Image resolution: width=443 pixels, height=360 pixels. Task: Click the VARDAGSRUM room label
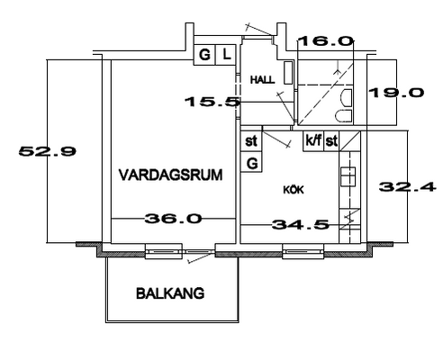point(171,175)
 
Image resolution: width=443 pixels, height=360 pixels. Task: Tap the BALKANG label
point(170,293)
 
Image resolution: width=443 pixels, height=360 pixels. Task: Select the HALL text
point(263,80)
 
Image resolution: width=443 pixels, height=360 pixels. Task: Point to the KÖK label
point(294,190)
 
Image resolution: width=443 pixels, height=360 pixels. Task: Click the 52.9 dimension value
point(48,151)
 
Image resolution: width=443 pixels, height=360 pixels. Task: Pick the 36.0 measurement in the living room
point(173,219)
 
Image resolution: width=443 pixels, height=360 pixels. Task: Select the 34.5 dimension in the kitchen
point(301,224)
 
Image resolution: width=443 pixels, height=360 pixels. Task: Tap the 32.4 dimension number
point(407,187)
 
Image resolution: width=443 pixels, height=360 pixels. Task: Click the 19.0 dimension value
point(396,93)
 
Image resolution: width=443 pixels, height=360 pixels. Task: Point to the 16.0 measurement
point(325,40)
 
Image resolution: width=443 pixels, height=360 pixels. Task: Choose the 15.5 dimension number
point(212,102)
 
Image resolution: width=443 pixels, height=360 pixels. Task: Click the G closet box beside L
point(204,55)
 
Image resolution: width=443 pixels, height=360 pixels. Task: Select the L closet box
point(227,55)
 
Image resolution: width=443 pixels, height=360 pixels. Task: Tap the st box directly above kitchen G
point(251,141)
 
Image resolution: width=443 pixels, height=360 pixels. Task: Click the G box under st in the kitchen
point(251,162)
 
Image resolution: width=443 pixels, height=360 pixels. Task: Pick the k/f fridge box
point(313,140)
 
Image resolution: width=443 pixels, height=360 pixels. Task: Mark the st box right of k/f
point(331,140)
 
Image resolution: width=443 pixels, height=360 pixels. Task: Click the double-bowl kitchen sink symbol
point(348,176)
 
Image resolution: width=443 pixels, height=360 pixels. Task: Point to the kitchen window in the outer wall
point(303,251)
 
